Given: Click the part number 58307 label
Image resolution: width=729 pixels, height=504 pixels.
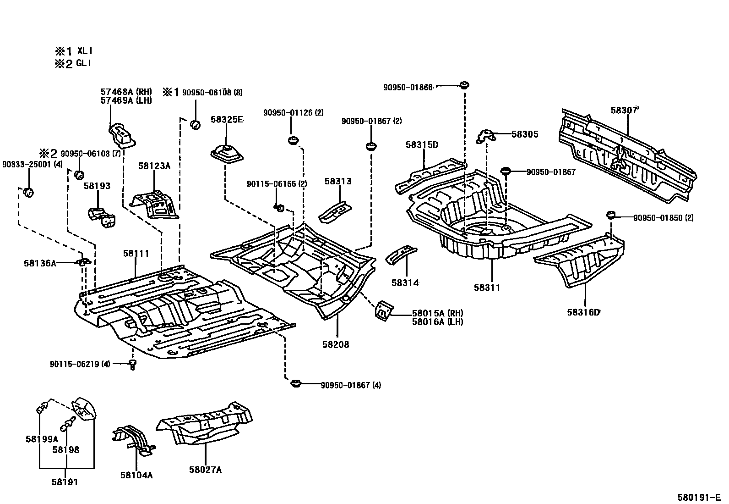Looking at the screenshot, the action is [624, 110].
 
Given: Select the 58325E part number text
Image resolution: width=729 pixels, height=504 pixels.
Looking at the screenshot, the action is [227, 119].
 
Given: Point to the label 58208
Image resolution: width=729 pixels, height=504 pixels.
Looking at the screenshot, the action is [336, 344].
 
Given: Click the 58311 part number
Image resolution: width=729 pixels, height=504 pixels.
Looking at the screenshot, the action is [487, 287].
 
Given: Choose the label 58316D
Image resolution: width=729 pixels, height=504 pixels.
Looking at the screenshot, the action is [583, 312].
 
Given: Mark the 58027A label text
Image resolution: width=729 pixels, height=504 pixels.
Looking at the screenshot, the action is [205, 470].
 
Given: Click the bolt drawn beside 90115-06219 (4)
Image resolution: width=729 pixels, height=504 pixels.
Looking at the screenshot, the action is [132, 365].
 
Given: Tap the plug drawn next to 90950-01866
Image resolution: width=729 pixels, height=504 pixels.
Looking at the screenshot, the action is [464, 85].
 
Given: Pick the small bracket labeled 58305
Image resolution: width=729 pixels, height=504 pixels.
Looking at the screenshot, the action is [485, 136].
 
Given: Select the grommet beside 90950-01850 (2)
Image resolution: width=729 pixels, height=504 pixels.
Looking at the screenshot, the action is [611, 215].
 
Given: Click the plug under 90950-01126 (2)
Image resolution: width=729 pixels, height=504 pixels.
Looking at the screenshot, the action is [293, 141].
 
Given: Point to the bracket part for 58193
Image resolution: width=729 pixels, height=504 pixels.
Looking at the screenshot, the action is [102, 217].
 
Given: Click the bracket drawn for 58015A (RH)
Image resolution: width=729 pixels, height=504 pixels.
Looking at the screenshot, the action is [384, 311].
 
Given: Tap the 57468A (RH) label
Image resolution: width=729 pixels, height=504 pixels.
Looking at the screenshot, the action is [126, 92].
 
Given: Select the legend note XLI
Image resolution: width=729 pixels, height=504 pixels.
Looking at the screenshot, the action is [85, 51].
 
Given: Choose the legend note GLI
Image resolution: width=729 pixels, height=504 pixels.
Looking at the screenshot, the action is [84, 63].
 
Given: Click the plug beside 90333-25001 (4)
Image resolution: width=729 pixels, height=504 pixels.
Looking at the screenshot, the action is [29, 192].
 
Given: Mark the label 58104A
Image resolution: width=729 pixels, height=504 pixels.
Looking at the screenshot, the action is [136, 475].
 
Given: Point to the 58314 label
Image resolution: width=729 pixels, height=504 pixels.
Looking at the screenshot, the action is [405, 282].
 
